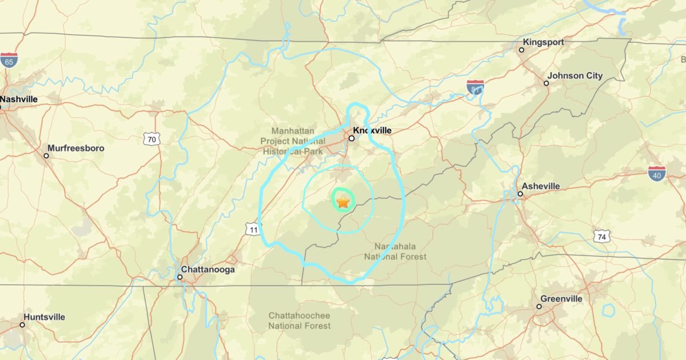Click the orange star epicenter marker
point(342,202)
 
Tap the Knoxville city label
point(372,130)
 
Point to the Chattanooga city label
point(208,270)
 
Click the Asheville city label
point(540,186)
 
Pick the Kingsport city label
point(543,42)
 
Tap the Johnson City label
point(575,76)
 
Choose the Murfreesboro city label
point(75,148)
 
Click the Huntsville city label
point(45,317)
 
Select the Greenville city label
point(561,299)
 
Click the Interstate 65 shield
point(9,61)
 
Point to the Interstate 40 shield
point(657,174)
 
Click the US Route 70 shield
point(151,138)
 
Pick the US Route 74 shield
point(602,236)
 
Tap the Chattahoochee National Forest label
point(300,321)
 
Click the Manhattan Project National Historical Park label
point(293,141)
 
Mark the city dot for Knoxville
point(352,138)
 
